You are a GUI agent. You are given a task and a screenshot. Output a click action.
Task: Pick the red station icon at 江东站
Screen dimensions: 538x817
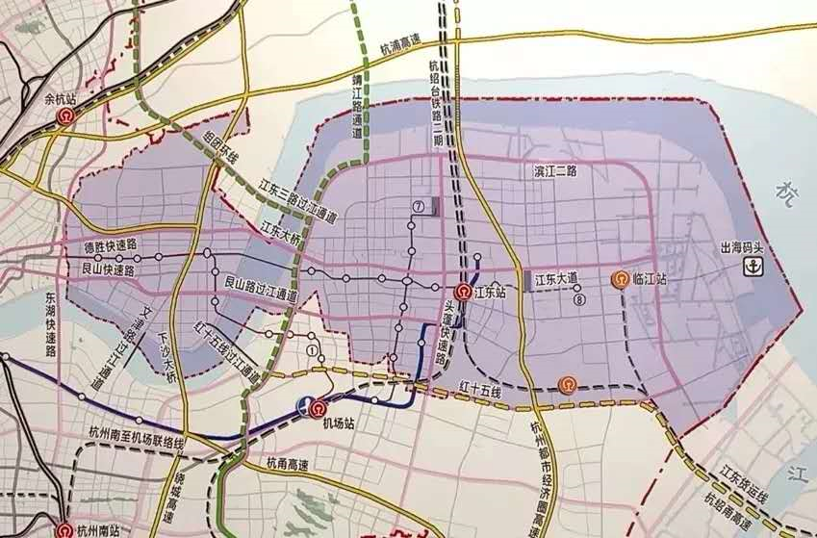click(x=462, y=293)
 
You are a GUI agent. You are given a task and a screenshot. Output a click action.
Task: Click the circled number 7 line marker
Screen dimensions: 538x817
click(x=419, y=206)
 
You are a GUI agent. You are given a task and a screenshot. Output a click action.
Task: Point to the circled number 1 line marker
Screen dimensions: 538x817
click(x=311, y=351)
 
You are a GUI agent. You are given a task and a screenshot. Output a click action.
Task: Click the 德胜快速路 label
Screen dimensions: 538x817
click(x=112, y=247)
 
